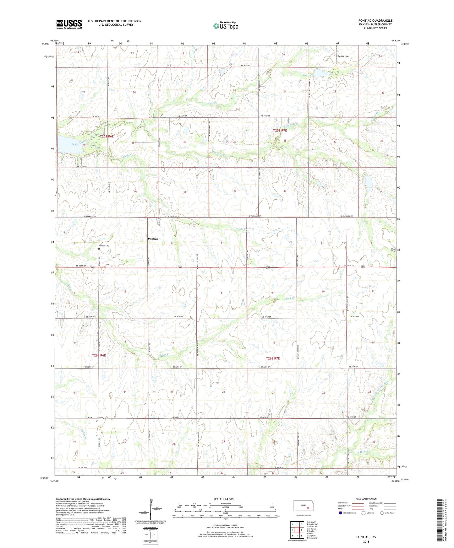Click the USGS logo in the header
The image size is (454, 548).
[69, 24]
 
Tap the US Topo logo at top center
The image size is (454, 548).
[226, 26]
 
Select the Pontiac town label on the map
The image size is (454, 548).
[153, 239]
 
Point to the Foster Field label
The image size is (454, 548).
[343, 56]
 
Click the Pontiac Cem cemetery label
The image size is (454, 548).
[104, 246]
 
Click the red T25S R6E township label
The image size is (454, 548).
[107, 136]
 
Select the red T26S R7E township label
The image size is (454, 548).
[272, 358]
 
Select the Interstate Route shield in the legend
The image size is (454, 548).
[341, 513]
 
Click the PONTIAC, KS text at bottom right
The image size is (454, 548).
[366, 537]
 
